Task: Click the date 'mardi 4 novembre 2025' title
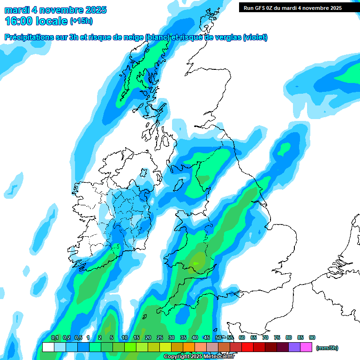click(x=55, y=10)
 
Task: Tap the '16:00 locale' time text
click(x=36, y=21)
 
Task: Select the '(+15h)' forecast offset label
click(x=82, y=21)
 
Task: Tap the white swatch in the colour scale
click(x=48, y=347)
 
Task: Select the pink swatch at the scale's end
click(x=306, y=347)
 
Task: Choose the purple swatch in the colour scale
click(x=294, y=347)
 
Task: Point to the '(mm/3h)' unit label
click(x=327, y=348)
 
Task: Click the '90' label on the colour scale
click(x=312, y=338)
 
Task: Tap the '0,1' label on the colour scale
click(x=55, y=338)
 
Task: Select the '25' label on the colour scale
click(x=159, y=338)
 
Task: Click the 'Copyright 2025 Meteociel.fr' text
click(x=199, y=357)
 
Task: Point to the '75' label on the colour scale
click(x=277, y=338)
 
